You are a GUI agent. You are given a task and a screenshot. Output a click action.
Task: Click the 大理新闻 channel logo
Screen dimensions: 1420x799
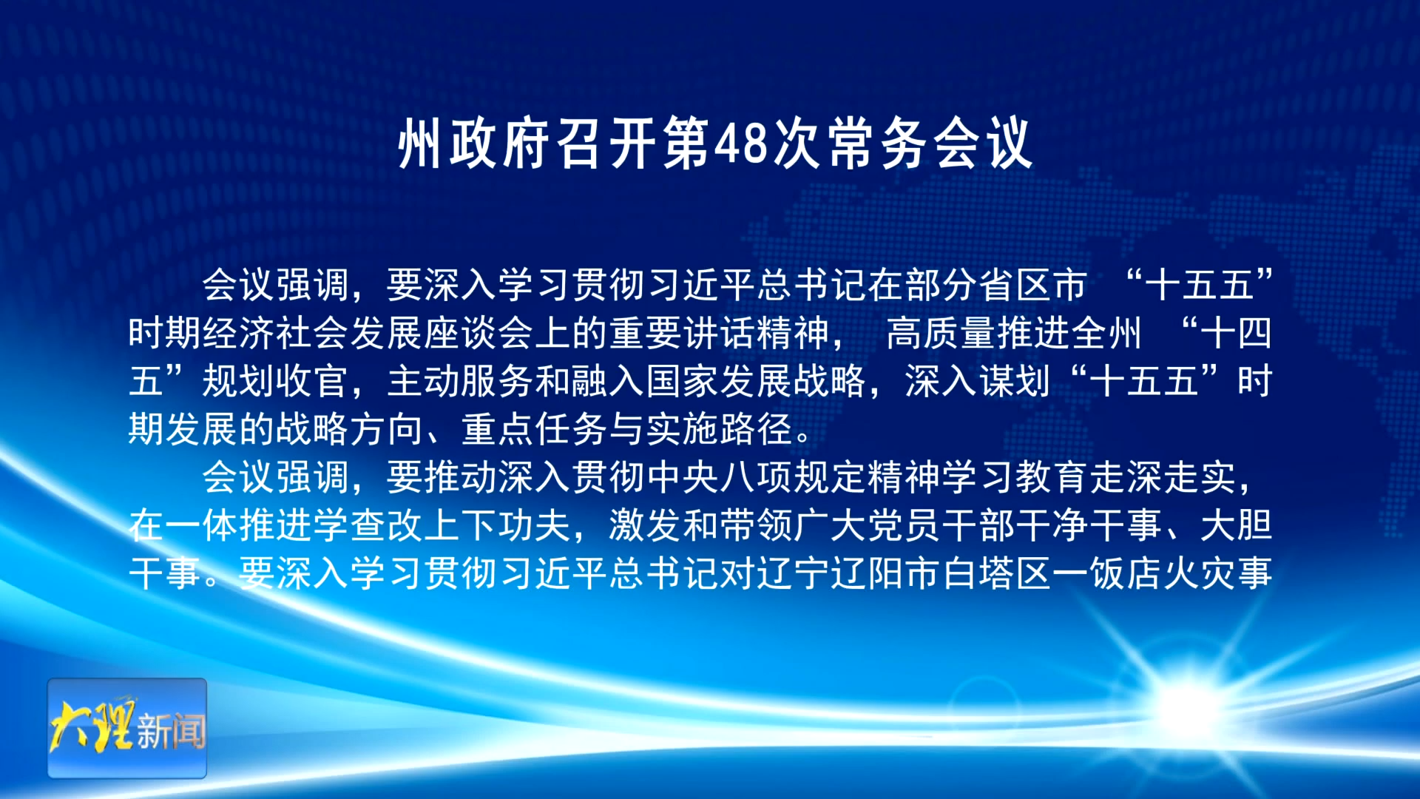[127, 728]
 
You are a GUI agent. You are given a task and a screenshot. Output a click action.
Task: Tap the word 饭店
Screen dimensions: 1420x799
[1126, 573]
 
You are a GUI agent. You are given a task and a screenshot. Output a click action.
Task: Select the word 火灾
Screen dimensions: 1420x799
[1200, 573]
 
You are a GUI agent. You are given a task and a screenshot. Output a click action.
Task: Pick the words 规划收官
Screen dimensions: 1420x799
[275, 381]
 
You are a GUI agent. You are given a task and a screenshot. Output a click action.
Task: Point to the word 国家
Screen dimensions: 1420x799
[682, 381]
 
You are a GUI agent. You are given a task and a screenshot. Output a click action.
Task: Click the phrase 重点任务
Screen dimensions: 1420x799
[534, 429]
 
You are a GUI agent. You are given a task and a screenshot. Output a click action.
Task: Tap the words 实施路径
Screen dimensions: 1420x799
[719, 429]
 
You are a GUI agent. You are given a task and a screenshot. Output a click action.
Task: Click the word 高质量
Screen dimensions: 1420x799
[941, 333]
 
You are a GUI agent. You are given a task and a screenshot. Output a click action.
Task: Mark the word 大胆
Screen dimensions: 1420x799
[1236, 525]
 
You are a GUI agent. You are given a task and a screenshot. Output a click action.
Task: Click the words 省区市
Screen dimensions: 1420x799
[1032, 285]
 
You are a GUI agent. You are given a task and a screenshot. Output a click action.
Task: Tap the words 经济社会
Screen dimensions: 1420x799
[275, 333]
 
